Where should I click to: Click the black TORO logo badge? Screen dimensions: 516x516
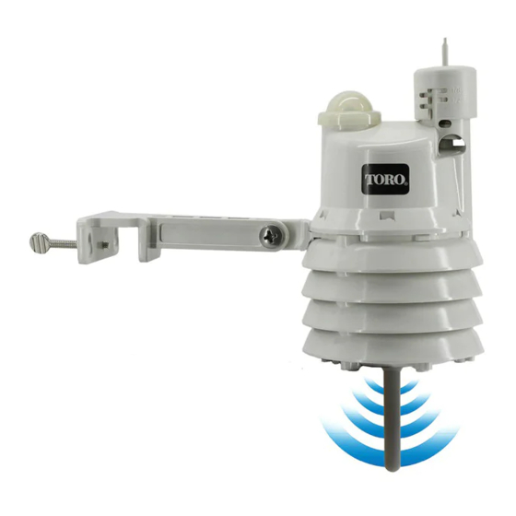pos(385,179)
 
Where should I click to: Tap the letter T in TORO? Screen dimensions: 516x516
pos(369,179)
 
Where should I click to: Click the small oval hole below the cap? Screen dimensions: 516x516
pos(446,123)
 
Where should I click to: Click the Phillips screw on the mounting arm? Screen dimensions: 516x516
pos(272,235)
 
